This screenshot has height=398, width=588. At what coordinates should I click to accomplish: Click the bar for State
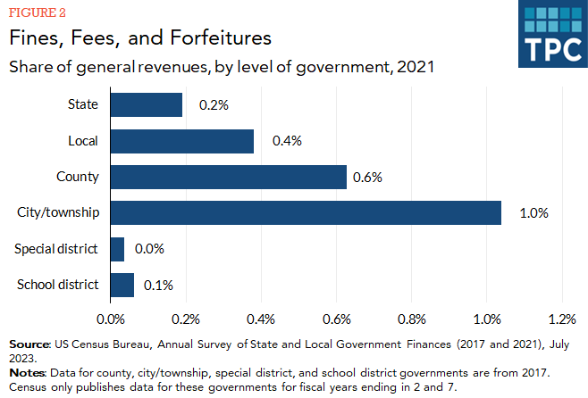pyautogui.click(x=146, y=104)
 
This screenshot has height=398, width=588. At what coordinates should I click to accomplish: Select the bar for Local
pyautogui.click(x=181, y=141)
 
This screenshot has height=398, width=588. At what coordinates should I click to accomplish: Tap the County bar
pyautogui.click(x=228, y=177)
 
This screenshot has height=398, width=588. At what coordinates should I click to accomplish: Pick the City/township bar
pyautogui.click(x=305, y=212)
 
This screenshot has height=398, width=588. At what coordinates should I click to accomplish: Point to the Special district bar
pyautogui.click(x=117, y=249)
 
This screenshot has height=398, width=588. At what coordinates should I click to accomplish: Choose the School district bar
pyautogui.click(x=122, y=285)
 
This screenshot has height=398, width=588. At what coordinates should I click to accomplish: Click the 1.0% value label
pyautogui.click(x=533, y=213)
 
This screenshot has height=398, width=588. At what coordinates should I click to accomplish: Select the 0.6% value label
pyautogui.click(x=367, y=177)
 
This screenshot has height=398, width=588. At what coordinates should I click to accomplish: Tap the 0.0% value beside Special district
pyautogui.click(x=149, y=249)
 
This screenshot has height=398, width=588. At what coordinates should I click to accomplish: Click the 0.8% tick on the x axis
pyautogui.click(x=412, y=319)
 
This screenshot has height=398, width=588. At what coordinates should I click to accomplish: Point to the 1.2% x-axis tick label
pyautogui.click(x=563, y=319)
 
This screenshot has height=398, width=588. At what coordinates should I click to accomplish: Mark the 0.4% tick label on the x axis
pyautogui.click(x=261, y=319)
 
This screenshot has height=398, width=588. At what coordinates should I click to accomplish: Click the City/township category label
pyautogui.click(x=58, y=212)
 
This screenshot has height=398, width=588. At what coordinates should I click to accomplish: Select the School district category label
pyautogui.click(x=57, y=285)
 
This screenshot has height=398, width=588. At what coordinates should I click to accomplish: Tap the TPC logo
pyautogui.click(x=550, y=34)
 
